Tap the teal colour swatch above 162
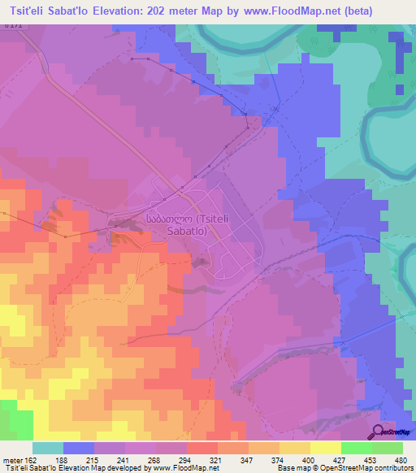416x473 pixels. pos(47,448)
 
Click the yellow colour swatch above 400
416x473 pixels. pos(294,448)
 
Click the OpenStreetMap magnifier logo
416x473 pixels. pos(378,432)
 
